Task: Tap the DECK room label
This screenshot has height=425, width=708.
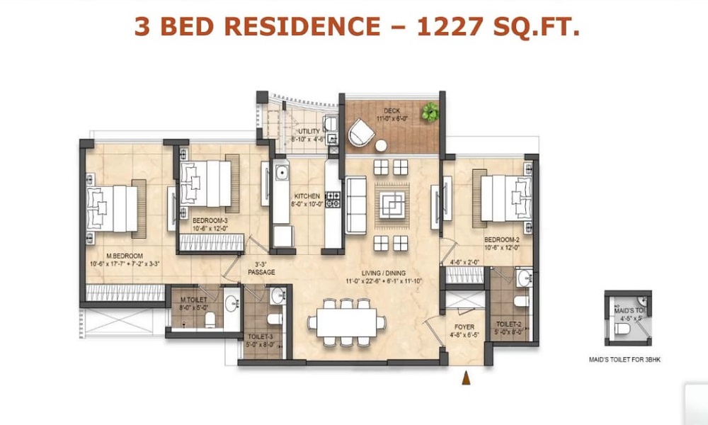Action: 392,111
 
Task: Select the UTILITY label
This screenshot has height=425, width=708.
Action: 309,132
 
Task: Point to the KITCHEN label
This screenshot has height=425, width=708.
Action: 308,196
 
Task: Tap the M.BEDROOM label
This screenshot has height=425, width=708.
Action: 125,256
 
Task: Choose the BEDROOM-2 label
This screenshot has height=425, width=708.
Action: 502,240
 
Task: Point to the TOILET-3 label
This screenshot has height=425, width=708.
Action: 258,337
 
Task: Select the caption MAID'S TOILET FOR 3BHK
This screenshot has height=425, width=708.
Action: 629,360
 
